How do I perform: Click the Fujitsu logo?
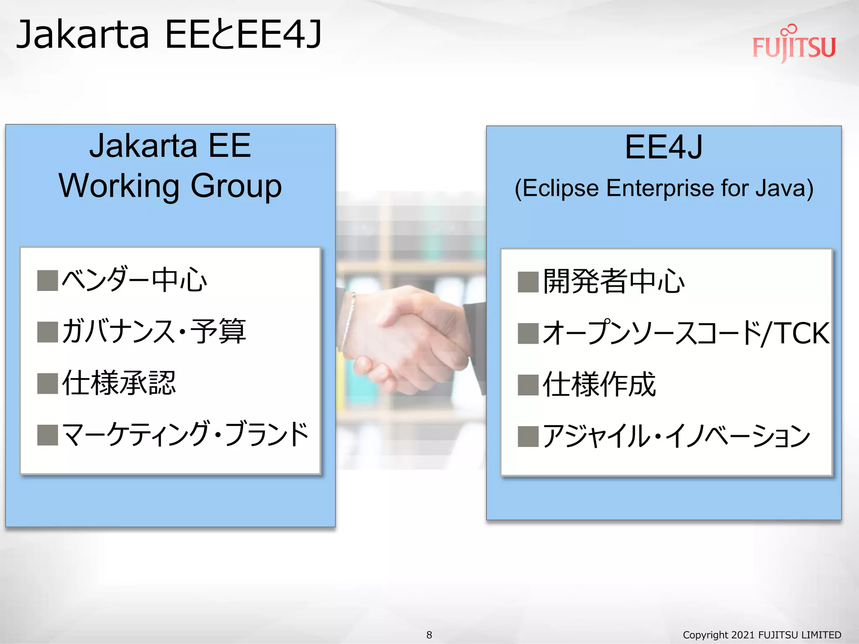[x=794, y=45]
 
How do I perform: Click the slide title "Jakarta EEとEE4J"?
[x=169, y=34]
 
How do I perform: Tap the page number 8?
[x=429, y=635]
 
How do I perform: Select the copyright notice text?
[x=762, y=635]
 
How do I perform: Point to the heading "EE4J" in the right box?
[x=664, y=147]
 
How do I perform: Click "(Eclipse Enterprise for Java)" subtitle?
[x=664, y=188]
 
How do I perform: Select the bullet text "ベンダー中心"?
[x=134, y=280]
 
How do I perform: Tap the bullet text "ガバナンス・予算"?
[x=154, y=331]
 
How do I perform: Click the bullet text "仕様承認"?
[x=119, y=383]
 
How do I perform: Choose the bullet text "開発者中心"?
[x=613, y=281]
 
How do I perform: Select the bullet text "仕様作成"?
[x=599, y=384]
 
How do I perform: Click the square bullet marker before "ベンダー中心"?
[x=47, y=280]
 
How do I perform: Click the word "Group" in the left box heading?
[x=236, y=186]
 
